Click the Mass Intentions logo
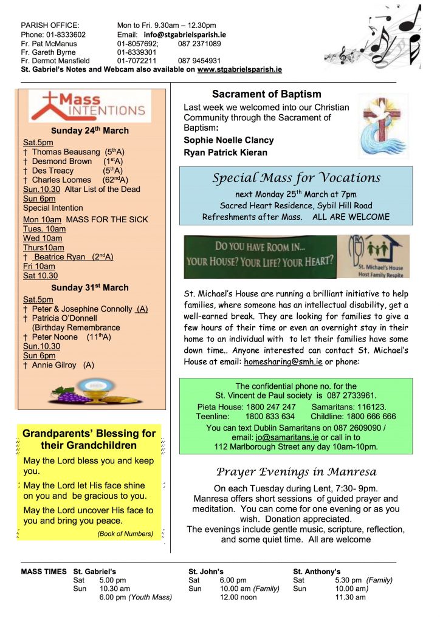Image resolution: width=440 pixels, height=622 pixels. (89, 106)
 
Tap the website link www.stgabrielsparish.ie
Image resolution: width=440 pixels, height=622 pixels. (239, 70)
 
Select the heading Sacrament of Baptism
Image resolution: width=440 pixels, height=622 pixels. (266, 95)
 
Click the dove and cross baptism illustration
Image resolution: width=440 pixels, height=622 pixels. (382, 126)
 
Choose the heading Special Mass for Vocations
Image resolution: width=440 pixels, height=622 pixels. (296, 178)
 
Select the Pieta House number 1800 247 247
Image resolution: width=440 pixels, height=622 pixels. (272, 406)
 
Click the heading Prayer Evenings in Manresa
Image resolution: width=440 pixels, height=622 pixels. (296, 472)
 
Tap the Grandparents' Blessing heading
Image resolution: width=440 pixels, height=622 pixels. (89, 439)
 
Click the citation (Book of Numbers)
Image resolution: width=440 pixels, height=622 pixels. (125, 534)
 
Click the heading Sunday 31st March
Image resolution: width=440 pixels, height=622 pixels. (89, 287)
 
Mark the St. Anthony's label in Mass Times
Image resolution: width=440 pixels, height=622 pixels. (316, 572)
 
